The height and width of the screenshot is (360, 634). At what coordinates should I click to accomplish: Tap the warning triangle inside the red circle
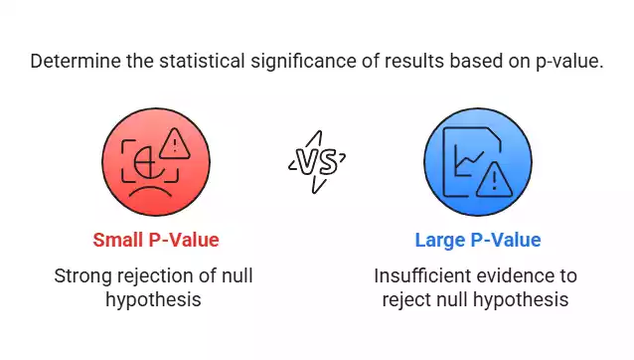[x=174, y=146]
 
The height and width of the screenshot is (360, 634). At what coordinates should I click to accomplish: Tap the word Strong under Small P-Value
[x=80, y=274]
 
